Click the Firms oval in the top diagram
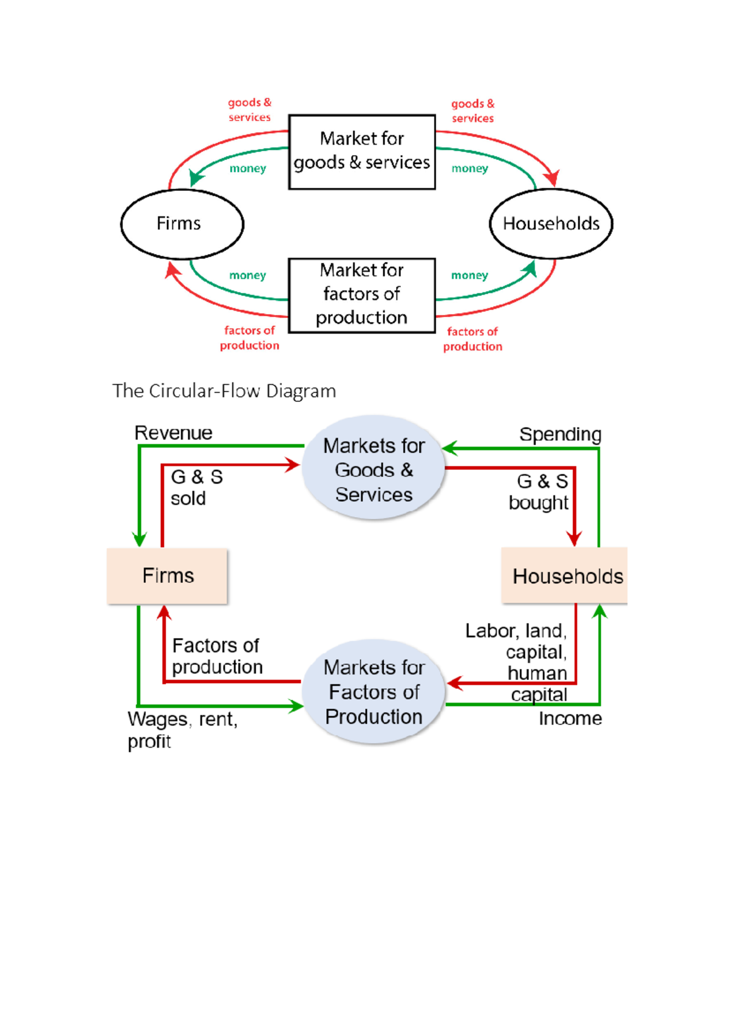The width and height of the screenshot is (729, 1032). click(182, 224)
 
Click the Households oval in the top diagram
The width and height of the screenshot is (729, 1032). click(550, 224)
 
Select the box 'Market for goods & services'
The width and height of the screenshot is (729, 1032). click(361, 151)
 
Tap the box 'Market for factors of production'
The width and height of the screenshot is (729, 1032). click(361, 295)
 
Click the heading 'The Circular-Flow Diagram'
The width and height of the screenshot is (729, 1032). click(224, 391)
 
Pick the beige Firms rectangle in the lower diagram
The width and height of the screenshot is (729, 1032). click(167, 576)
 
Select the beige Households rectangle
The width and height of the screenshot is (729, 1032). click(564, 576)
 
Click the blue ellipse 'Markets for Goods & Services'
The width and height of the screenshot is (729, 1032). click(374, 469)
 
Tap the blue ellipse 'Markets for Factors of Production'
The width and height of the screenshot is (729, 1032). click(374, 692)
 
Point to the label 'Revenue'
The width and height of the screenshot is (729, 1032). click(173, 433)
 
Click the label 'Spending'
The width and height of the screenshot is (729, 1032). click(560, 435)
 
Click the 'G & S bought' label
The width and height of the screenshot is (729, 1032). click(539, 492)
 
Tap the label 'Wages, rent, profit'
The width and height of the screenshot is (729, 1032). click(182, 729)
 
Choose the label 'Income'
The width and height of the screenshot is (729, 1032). click(570, 718)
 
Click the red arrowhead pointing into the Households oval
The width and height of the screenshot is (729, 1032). click(552, 178)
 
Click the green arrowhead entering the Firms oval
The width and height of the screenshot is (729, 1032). click(196, 177)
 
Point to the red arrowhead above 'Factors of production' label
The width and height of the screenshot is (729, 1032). click(164, 612)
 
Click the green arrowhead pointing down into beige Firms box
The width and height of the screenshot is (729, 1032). click(140, 539)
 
